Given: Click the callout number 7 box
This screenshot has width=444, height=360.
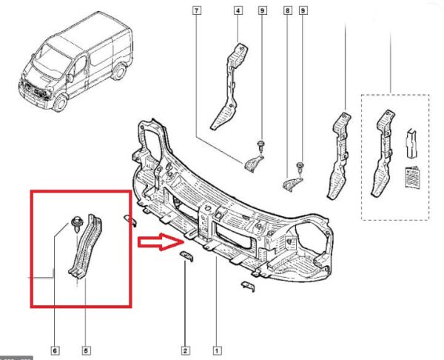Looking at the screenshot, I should click(197, 10).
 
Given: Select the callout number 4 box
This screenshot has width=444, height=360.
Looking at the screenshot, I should click(238, 10).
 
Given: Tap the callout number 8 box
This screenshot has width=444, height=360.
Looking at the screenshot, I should click(286, 10).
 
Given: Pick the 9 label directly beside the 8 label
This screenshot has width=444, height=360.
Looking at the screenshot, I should click(303, 10).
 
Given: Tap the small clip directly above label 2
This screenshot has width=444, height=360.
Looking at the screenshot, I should click(185, 256).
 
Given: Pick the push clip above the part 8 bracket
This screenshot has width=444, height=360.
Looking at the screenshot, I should click(299, 167).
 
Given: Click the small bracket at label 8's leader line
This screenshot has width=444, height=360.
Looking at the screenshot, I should click(293, 179).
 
